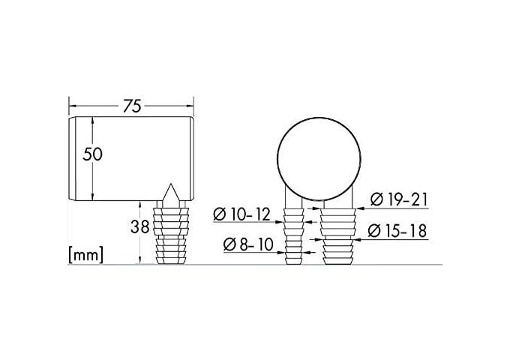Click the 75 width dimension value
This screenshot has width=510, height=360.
pyautogui.click(x=132, y=106)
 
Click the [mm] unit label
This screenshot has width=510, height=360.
pyautogui.click(x=85, y=254)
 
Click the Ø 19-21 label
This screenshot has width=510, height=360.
pyautogui.click(x=399, y=199)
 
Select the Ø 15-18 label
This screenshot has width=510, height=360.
pyautogui.click(x=399, y=231)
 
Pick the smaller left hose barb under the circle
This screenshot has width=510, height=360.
pyautogui.click(x=293, y=235)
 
